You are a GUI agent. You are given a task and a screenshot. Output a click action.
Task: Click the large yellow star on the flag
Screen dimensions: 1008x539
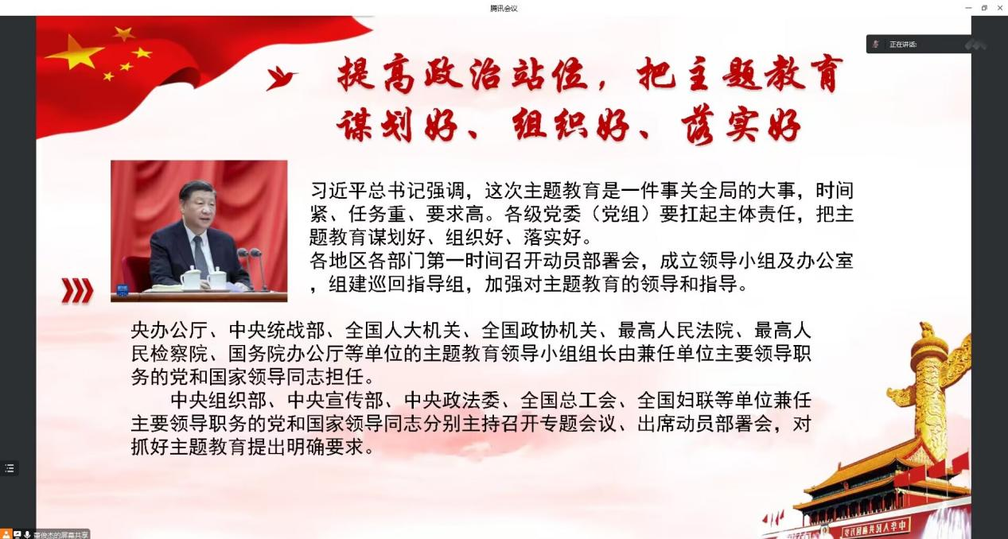click(x=74, y=52)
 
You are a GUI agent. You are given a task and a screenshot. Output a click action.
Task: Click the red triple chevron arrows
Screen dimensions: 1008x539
click(x=77, y=290)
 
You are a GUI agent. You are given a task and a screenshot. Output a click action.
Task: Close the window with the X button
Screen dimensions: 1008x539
click(x=999, y=8)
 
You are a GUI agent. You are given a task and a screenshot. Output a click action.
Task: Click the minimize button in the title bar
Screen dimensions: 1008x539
click(x=968, y=8)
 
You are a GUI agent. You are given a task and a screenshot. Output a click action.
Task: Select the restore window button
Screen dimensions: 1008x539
click(x=984, y=8)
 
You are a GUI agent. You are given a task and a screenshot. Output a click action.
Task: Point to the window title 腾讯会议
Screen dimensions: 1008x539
click(x=504, y=8)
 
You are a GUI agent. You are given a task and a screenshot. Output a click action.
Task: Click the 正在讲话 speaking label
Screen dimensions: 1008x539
click(x=903, y=45)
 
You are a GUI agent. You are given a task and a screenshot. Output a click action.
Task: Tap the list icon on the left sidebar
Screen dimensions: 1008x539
click(x=10, y=468)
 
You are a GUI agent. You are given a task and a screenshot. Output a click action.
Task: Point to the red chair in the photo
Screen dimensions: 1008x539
click(x=136, y=274)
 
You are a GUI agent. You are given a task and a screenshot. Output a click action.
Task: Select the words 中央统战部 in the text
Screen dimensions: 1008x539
click(x=277, y=331)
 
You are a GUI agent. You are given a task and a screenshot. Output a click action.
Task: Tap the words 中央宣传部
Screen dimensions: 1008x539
click(x=335, y=401)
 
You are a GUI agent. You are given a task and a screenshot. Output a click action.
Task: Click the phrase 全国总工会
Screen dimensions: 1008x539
click(x=568, y=401)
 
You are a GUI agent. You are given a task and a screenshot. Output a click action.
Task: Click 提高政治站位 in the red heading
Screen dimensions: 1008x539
click(x=462, y=75)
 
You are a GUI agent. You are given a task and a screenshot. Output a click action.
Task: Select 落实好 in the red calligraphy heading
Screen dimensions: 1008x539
click(x=741, y=125)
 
